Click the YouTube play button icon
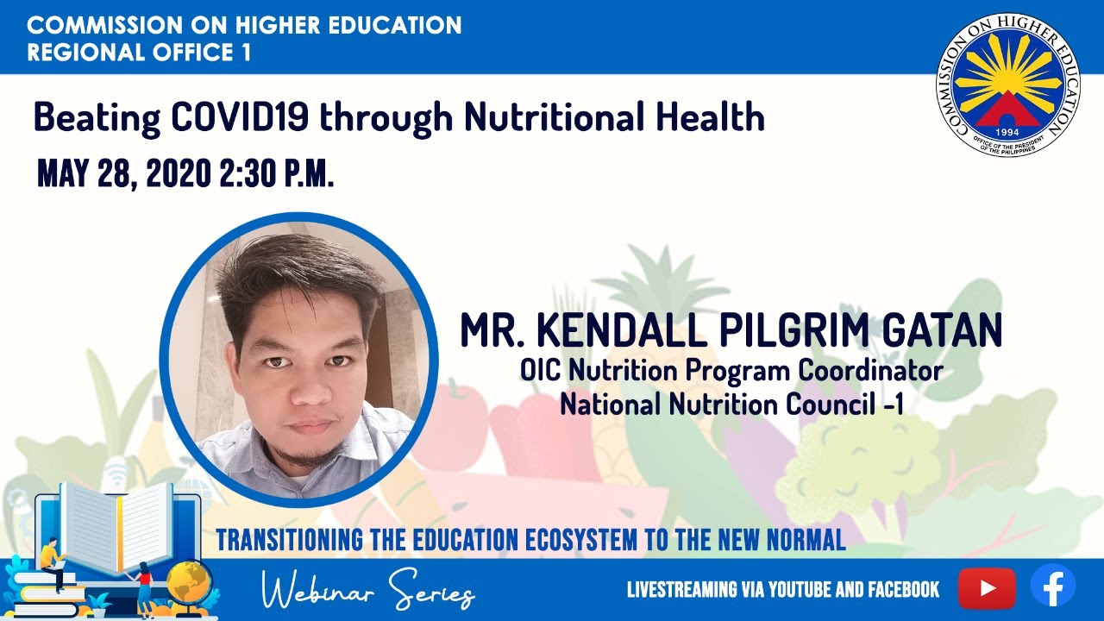click(987, 588)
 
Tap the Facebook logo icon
click(1053, 586)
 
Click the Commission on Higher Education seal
click(1007, 85)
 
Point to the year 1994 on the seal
click(1007, 133)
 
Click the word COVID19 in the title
click(240, 116)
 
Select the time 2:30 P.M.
click(277, 173)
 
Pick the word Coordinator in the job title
click(870, 370)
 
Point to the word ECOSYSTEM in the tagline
click(581, 540)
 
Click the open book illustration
click(118, 527)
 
